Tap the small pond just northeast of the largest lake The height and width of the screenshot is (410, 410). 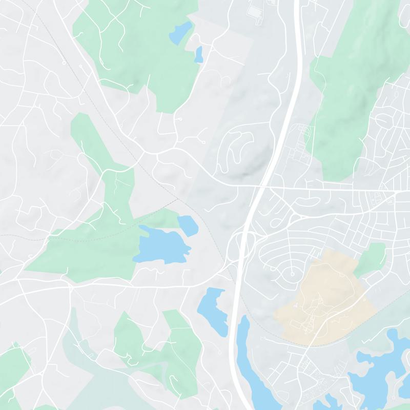pos(188,225)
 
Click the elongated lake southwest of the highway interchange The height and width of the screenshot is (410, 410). pos(212,310)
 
